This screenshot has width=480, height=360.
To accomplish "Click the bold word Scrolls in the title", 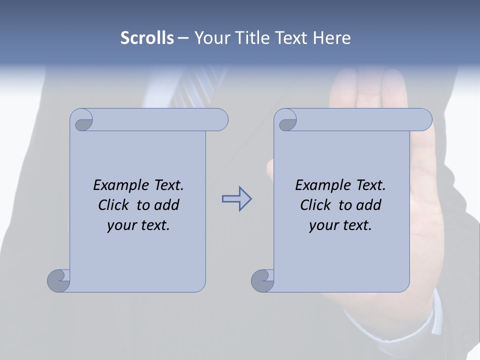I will pyautogui.click(x=147, y=38).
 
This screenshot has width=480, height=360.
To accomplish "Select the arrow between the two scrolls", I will pyautogui.click(x=236, y=199).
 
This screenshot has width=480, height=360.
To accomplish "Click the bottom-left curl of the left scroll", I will pyautogui.click(x=59, y=280).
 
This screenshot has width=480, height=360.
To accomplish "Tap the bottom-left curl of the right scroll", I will pyautogui.click(x=262, y=280).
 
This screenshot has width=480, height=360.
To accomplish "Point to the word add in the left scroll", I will pyautogui.click(x=167, y=205).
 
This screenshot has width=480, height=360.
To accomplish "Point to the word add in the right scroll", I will pyautogui.click(x=369, y=205).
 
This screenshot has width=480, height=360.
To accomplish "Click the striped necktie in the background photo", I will pyautogui.click(x=200, y=87).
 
